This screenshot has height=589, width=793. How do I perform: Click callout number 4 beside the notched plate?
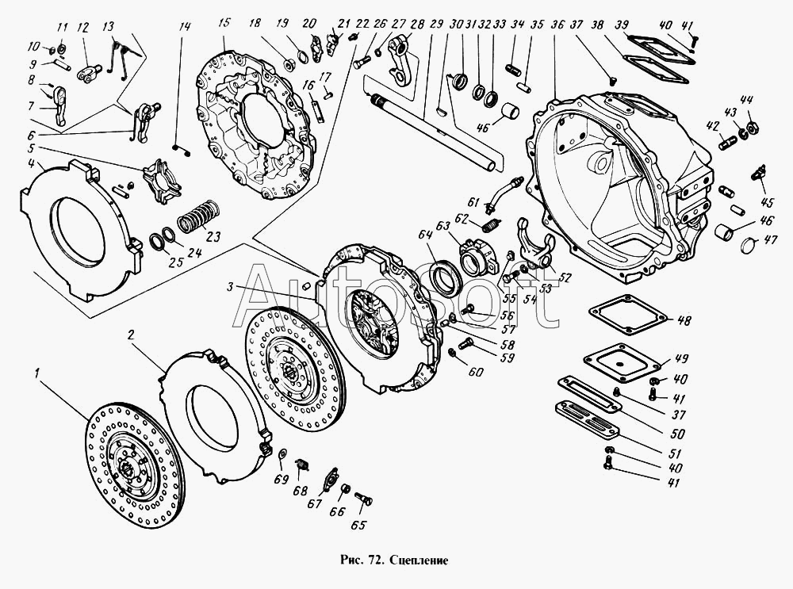(x=30, y=164)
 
